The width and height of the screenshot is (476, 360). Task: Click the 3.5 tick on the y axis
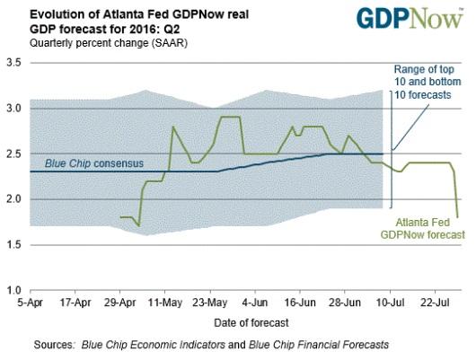coord(13,62)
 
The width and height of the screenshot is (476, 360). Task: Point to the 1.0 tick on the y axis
coord(13,291)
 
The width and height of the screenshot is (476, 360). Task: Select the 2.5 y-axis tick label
coord(13,154)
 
